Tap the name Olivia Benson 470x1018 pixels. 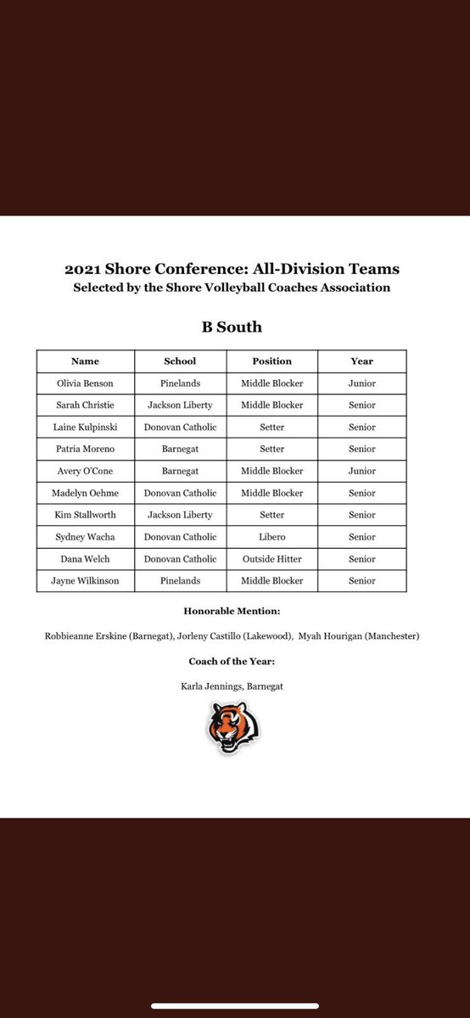coord(85,383)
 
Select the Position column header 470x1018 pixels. coord(271,361)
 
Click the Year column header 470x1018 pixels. coord(361,361)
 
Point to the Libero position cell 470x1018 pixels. coord(271,537)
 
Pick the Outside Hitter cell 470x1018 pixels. coord(271,559)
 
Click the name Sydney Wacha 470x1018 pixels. coord(86,537)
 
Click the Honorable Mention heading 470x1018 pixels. coord(234,611)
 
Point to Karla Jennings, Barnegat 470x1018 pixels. coord(234,686)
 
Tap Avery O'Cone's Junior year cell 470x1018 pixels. coord(361,471)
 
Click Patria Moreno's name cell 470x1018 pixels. coord(86,449)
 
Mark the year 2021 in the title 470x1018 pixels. coord(83,270)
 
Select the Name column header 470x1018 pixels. coord(85,361)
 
